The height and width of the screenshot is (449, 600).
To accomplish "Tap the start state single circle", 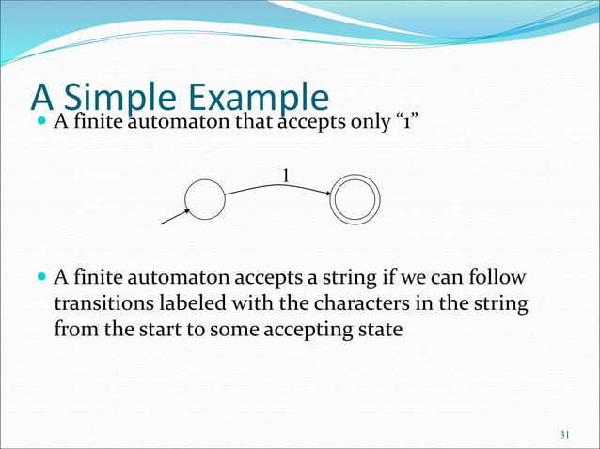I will (x=205, y=199).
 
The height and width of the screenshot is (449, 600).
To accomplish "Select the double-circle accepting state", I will (x=355, y=200).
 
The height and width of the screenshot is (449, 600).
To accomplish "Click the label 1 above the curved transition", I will (x=286, y=175).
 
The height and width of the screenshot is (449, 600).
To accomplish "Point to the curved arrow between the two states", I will (x=278, y=187).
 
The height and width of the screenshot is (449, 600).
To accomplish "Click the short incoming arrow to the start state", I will (x=175, y=216).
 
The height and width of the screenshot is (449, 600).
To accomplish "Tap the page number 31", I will (x=564, y=434).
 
